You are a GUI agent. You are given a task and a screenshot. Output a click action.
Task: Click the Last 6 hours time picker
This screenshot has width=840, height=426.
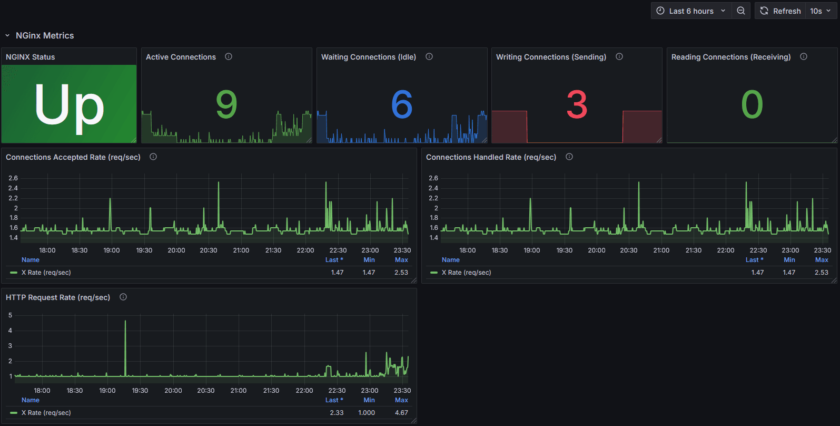pos(691,11)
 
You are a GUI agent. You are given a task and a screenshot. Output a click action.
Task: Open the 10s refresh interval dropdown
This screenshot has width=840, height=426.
pos(820,11)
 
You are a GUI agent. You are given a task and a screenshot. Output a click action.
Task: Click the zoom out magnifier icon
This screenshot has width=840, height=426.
pos(741,11)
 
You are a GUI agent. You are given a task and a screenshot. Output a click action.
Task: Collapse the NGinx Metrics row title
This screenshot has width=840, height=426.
pos(44,35)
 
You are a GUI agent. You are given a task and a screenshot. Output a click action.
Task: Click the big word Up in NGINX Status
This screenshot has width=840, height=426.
pos(69,104)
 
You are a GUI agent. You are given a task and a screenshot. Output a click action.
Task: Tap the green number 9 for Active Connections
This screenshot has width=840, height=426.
pos(226,104)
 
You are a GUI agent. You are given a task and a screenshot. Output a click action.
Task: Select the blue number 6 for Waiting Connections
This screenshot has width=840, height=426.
pos(402,104)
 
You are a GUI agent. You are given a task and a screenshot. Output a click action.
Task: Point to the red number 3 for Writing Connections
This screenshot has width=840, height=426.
pos(577,104)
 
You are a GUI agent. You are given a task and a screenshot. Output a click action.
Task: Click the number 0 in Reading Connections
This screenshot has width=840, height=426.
pos(752,104)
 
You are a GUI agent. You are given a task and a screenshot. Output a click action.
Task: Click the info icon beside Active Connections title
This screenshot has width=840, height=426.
pos(229,56)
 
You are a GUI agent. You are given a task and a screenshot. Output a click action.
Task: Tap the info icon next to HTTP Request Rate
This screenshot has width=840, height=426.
pos(123,297)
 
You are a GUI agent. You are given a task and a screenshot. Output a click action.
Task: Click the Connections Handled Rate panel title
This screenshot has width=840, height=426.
pos(491,157)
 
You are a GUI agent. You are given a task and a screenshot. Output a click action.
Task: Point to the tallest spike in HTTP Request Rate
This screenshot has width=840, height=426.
pos(125,321)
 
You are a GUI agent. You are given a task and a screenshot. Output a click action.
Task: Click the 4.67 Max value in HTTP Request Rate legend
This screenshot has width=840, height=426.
pos(401,413)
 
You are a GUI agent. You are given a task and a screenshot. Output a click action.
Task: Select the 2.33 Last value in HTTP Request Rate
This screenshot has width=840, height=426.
pos(337,413)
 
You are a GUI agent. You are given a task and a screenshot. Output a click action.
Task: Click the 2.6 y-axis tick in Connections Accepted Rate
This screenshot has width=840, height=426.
pos(13,178)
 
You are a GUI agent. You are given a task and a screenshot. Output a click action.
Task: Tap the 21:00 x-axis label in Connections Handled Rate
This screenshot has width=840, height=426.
pos(661,250)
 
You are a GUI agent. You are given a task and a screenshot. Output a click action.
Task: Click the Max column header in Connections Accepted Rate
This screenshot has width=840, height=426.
pos(401,260)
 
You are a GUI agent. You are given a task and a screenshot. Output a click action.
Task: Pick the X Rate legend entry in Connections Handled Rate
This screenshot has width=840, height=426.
pos(467,273)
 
